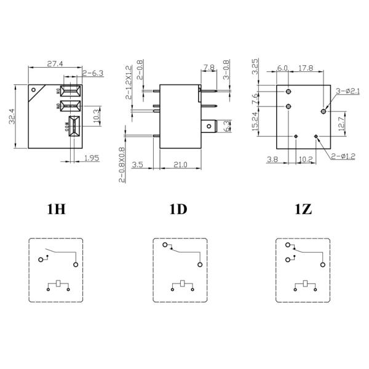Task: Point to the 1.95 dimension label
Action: (x=92, y=159)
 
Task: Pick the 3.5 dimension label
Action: (x=138, y=165)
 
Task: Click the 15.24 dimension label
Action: (x=255, y=124)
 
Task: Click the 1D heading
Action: (x=178, y=209)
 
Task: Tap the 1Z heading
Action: (x=303, y=209)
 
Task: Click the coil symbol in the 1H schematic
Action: (x=57, y=284)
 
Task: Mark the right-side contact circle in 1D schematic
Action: (x=199, y=264)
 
